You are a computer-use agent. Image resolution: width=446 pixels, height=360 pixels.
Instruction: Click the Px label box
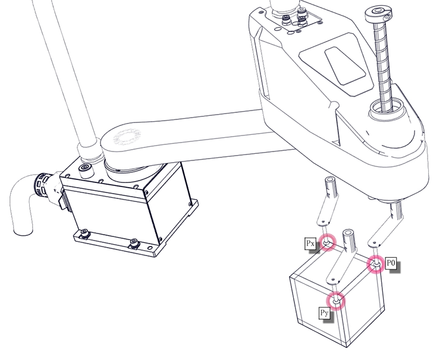(x=310, y=244)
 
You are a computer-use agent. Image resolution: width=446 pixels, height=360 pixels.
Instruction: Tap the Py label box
(x=324, y=313)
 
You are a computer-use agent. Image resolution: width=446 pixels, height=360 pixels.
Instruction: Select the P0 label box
(x=391, y=263)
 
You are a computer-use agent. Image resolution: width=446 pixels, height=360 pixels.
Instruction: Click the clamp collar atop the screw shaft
(x=379, y=14)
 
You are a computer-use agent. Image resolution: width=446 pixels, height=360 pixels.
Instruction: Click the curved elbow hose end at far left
(x=22, y=204)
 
